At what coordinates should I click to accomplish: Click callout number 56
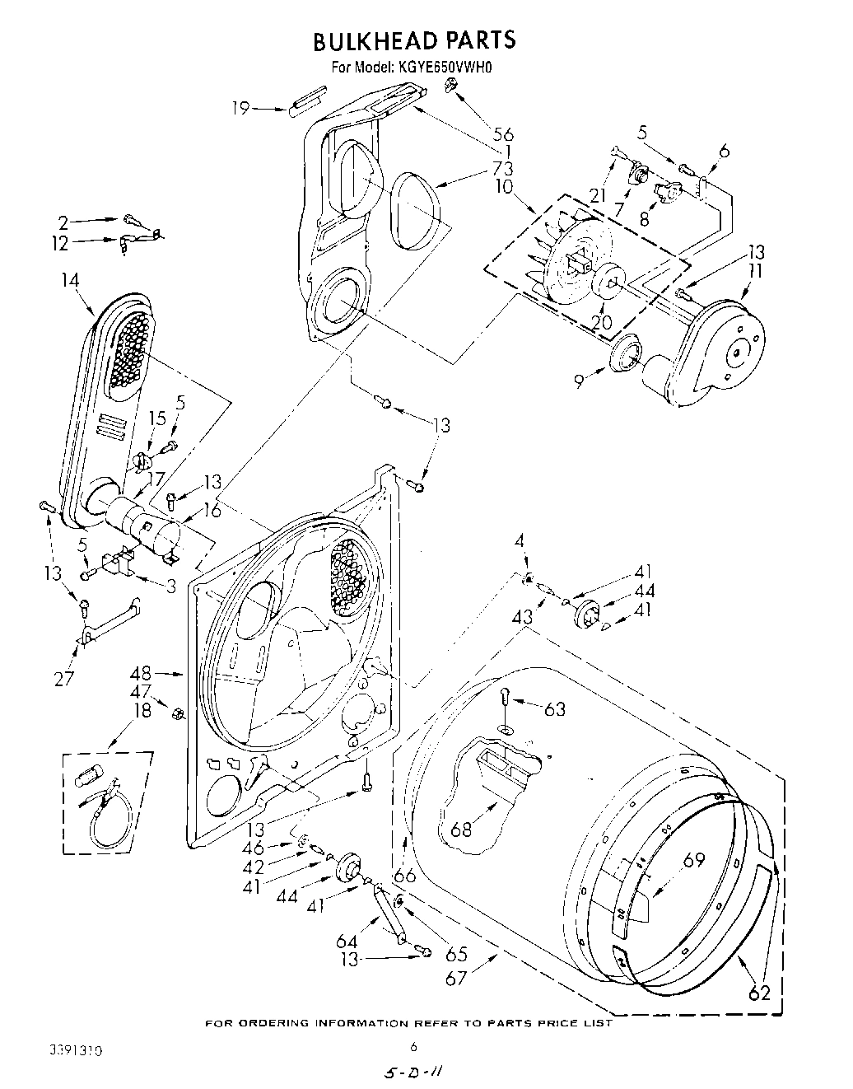(x=503, y=134)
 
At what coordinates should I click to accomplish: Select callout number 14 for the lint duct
(x=70, y=281)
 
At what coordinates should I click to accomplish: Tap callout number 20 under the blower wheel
(x=602, y=322)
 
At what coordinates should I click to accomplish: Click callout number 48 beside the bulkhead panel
(x=142, y=673)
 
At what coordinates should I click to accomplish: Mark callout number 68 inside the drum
(x=461, y=829)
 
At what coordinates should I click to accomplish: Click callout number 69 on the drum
(x=694, y=859)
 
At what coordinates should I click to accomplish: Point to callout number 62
(x=759, y=993)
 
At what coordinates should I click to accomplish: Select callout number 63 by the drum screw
(x=555, y=708)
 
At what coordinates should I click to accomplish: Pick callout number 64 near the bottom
(x=347, y=940)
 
